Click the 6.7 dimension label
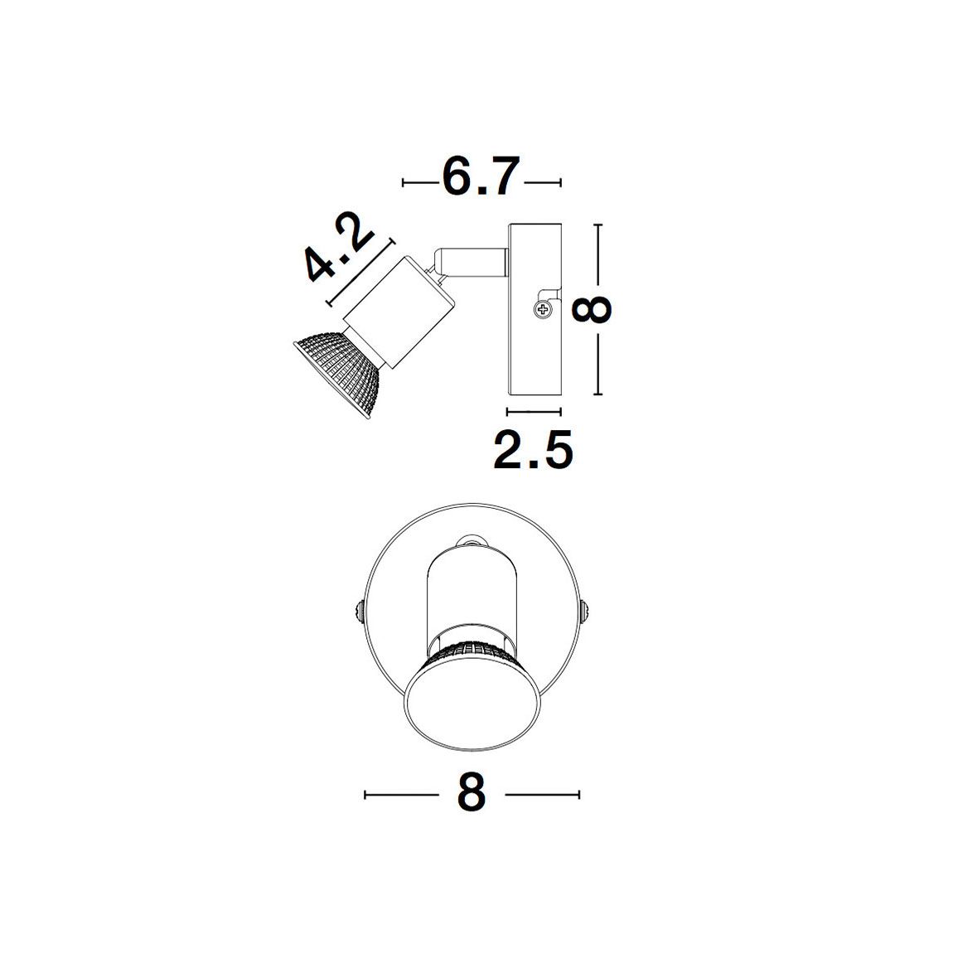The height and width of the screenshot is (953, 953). click(x=481, y=177)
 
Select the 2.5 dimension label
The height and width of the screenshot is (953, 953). click(x=533, y=450)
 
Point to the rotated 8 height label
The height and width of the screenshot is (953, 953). click(x=592, y=310)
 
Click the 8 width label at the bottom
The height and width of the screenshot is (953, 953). click(x=472, y=793)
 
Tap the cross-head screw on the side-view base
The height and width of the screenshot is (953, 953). click(x=542, y=311)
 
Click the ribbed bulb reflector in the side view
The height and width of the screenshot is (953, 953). click(x=341, y=371)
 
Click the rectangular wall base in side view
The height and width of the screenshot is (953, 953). click(x=535, y=310)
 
